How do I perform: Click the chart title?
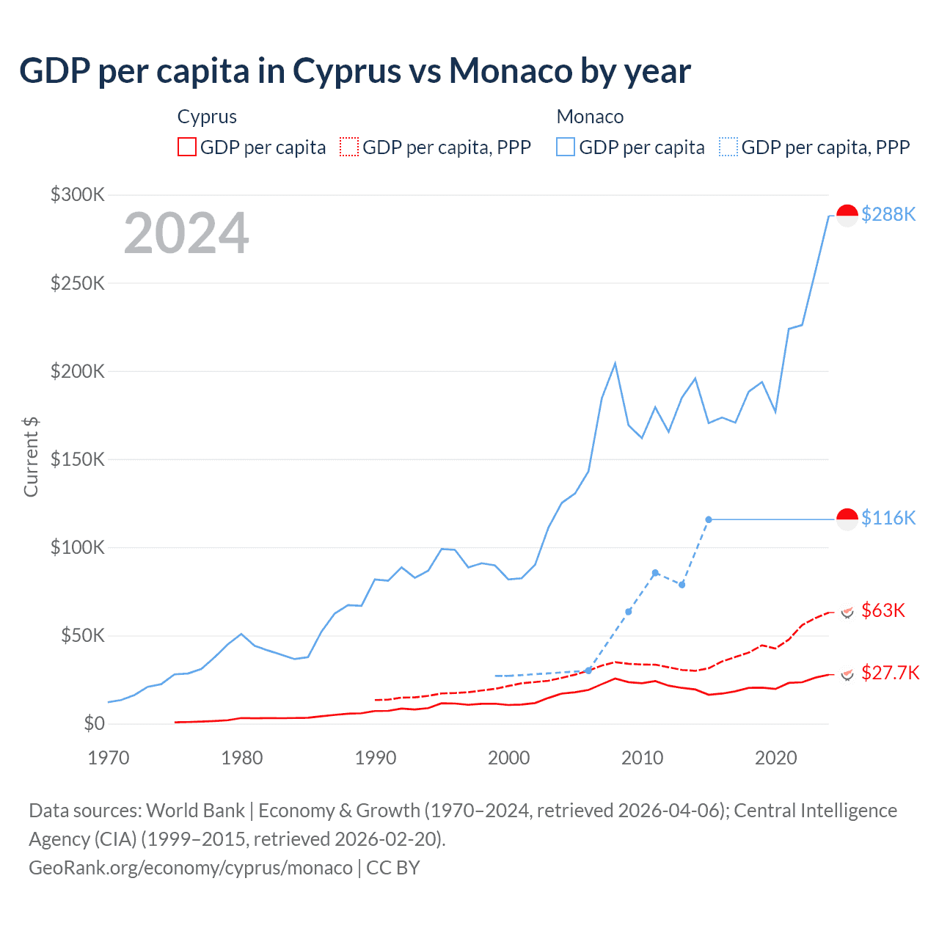pos(355,71)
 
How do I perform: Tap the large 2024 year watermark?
pos(186,233)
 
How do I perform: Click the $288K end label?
pos(888,214)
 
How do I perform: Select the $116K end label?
pos(888,518)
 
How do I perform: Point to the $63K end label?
pos(883,610)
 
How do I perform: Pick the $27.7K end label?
pos(890,673)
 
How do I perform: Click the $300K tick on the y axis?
pos(78,194)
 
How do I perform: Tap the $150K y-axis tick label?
pos(78,459)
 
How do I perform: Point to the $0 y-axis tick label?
pos(95,724)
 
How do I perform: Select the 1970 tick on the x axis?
pos(109,758)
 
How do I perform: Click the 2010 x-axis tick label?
pos(642,758)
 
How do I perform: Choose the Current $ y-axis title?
pos(31,456)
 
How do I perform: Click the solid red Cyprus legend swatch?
pos(187,147)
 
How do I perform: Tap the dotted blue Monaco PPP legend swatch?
pos(728,147)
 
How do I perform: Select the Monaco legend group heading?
pos(590,117)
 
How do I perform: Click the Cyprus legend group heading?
pos(207,117)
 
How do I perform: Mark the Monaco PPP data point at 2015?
pos(709,519)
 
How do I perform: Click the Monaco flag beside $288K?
pos(847,216)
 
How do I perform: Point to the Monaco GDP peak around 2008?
pos(615,364)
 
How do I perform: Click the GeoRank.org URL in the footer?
pos(191,868)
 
